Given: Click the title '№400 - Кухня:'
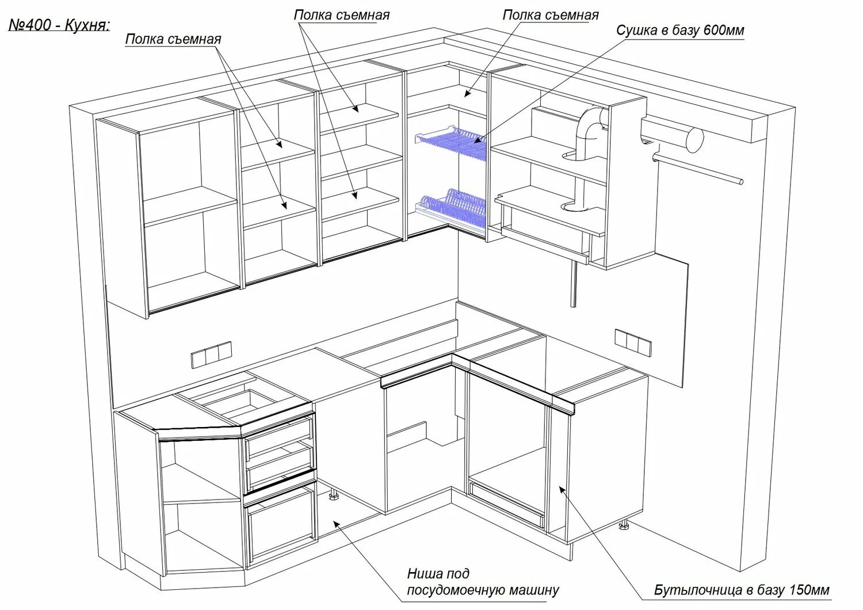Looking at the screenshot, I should (x=59, y=25).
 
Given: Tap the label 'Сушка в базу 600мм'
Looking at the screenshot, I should (x=680, y=30).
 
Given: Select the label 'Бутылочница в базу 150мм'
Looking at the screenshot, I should (x=742, y=590).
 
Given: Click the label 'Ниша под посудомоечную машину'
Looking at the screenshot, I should (x=482, y=582).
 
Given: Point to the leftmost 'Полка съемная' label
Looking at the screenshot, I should (x=173, y=39).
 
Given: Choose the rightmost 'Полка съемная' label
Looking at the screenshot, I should (x=550, y=14).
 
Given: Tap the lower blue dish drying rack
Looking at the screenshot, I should (x=449, y=204).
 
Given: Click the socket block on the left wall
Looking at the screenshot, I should (x=211, y=354).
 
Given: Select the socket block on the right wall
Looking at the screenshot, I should (x=633, y=342).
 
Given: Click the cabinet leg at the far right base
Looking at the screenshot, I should (x=623, y=527).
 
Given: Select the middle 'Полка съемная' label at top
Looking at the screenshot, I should (x=341, y=14).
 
